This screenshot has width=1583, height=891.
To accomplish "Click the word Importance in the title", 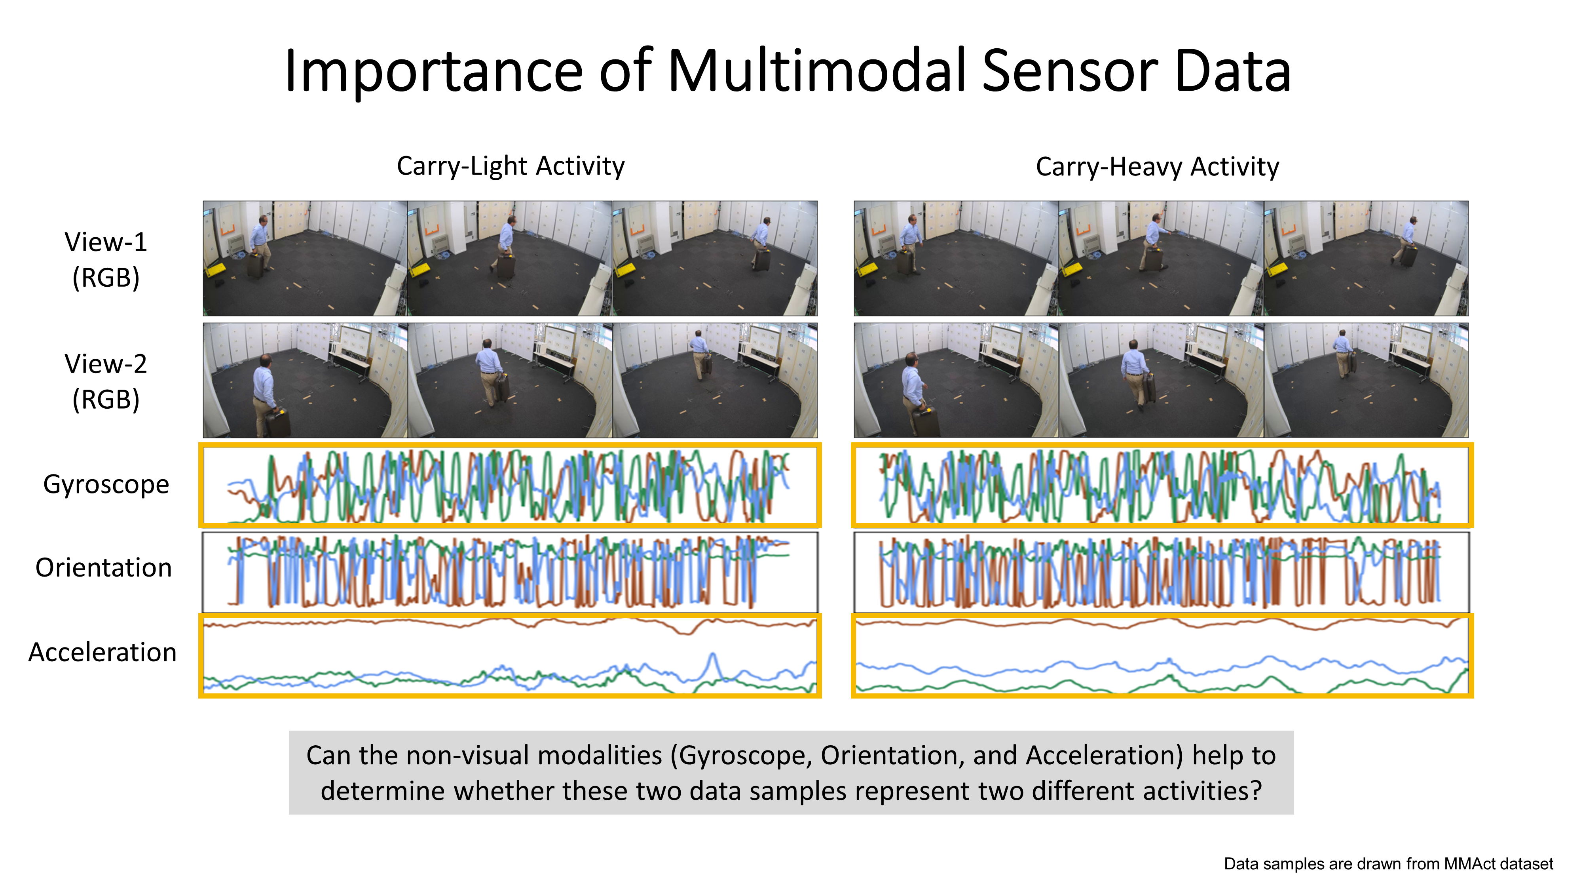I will click(x=433, y=72).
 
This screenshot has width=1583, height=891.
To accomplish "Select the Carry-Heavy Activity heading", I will click(x=1157, y=167).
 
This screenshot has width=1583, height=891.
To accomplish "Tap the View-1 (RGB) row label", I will click(x=106, y=259).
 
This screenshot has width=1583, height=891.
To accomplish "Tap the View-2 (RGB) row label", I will click(x=106, y=381).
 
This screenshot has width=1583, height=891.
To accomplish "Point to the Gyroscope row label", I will click(x=106, y=485).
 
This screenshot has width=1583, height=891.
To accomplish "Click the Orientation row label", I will click(x=103, y=567).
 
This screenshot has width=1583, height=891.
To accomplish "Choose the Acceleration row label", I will click(x=102, y=653).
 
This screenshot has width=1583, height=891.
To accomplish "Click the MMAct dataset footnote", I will click(x=1387, y=864).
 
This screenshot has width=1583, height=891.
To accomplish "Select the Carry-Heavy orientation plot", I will click(x=1162, y=572).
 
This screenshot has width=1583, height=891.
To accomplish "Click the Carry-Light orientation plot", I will click(x=510, y=572).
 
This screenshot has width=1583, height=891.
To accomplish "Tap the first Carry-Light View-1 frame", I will click(x=306, y=258).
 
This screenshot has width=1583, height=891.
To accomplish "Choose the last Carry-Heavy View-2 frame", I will click(x=1365, y=381).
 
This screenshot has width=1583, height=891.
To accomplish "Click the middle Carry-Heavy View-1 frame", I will click(x=1161, y=258).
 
